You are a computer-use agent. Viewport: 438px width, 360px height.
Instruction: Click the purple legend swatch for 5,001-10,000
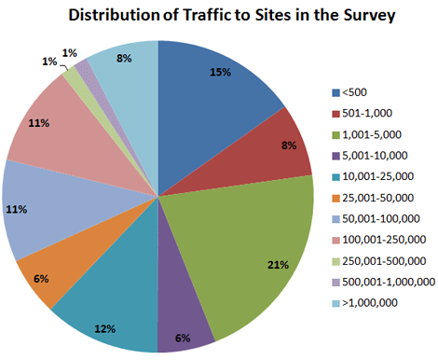click(336, 151)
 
